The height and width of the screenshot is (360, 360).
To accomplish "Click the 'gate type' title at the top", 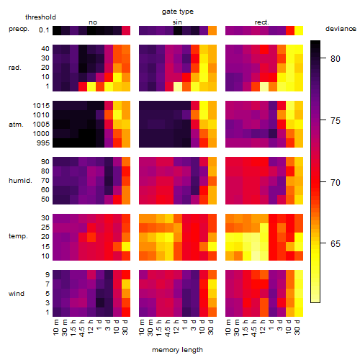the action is tap(178, 12).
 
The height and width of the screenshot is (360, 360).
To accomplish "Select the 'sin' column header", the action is tap(177, 22).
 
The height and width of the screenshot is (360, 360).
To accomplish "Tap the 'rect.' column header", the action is tap(261, 22).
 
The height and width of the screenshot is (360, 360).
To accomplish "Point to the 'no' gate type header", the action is tap(93, 22).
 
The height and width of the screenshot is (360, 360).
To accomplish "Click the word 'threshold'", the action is tap(40, 17).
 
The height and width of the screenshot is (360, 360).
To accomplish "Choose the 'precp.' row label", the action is tap(19, 29).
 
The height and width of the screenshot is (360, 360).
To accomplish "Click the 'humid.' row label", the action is tap(20, 180).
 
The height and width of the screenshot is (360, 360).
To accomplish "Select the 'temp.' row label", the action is tap(18, 236).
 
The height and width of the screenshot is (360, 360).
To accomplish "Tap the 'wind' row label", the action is tap(17, 293).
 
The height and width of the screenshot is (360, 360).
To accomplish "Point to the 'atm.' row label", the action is tap(16, 125).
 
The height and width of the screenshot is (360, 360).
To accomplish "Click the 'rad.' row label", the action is tap(15, 68).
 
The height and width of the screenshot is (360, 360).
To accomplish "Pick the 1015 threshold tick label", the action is tap(41, 105).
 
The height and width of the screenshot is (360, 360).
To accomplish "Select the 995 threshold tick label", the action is tap(43, 143).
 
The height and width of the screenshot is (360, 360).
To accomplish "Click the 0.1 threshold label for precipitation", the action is tap(44, 30).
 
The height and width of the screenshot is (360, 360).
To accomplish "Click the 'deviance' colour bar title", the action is tap(341, 29).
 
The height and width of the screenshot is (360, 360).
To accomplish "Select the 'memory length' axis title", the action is tap(177, 350).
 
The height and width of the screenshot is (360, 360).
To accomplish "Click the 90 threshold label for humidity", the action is tap(45, 161).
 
